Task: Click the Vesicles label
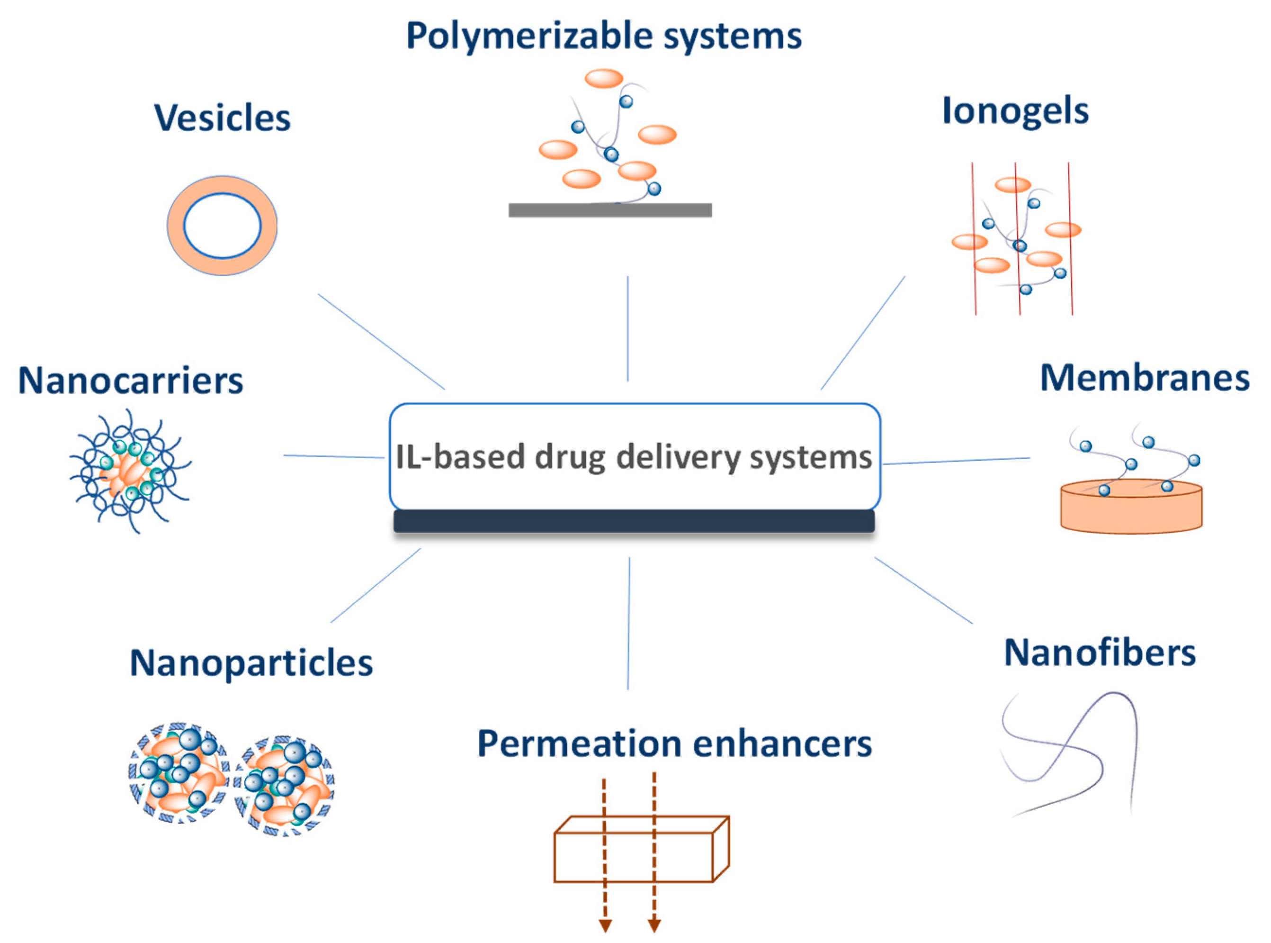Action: coord(222,118)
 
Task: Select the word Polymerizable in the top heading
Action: coord(529,36)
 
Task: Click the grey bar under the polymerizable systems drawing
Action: coord(610,210)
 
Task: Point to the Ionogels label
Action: coord(1015,111)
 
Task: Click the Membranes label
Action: coord(1145,379)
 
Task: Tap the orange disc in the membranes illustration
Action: coord(1131,511)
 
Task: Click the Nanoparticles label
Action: coord(251,663)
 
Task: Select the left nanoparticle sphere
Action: coord(179,772)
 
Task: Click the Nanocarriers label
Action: coord(131,381)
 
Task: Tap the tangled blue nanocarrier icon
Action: coord(130,471)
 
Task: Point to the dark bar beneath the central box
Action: coord(634,522)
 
